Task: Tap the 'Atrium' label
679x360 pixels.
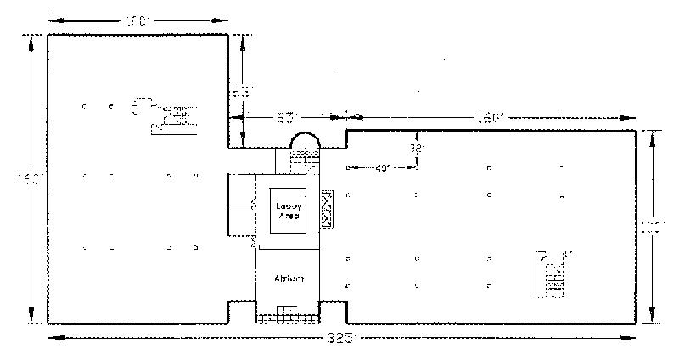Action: (289, 278)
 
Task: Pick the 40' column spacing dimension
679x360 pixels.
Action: (382, 167)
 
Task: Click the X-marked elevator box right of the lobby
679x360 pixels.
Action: (328, 208)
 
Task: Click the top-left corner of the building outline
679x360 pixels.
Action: (48, 35)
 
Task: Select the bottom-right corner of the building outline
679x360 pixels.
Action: (636, 323)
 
